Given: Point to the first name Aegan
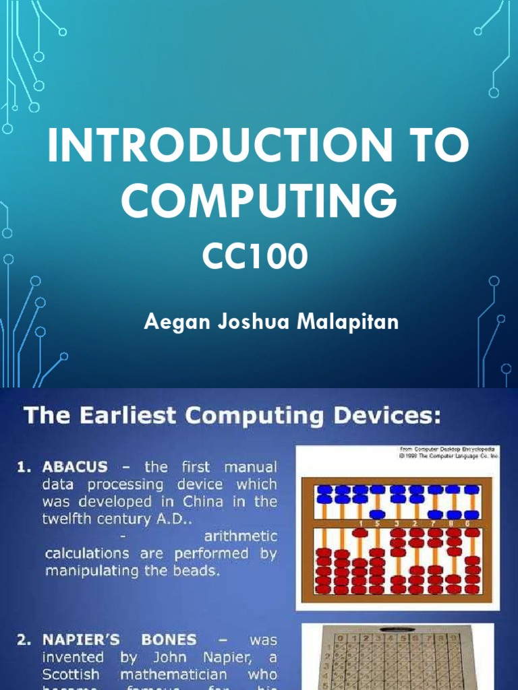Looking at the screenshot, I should (171, 322).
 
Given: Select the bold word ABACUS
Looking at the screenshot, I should (75, 467).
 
